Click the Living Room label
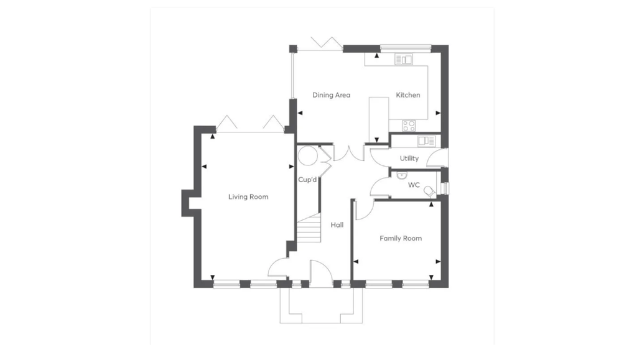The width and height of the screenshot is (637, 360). tap(248, 197)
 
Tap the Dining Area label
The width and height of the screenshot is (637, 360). tap(331, 95)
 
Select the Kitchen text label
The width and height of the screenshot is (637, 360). tap(408, 95)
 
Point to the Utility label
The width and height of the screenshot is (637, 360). tap(409, 159)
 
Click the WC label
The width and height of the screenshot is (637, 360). tap(414, 185)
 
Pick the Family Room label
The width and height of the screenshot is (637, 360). tap(401, 238)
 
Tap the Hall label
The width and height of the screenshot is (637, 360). tap(337, 225)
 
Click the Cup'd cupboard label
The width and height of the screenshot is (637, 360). tap(307, 180)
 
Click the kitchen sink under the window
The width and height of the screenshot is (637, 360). tap(404, 60)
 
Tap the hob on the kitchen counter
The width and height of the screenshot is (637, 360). tap(409, 126)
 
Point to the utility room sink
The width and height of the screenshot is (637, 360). tap(426, 141)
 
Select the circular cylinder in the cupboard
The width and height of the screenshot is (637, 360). tap(307, 155)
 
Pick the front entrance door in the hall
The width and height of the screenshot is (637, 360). tap(320, 274)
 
